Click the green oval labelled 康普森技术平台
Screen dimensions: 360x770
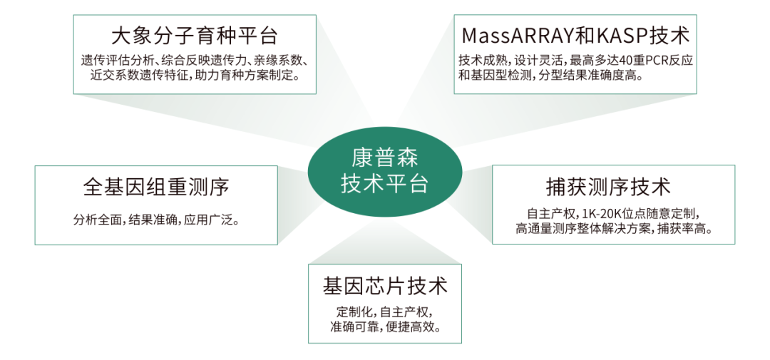pyautogui.click(x=384, y=171)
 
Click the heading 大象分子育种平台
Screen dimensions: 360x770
pyautogui.click(x=194, y=35)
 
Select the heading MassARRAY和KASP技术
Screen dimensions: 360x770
pyautogui.click(x=575, y=35)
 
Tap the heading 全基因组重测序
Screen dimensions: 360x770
pyautogui.click(x=155, y=187)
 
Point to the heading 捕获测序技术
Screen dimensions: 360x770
pyautogui.click(x=613, y=187)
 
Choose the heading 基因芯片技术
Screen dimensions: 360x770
pyautogui.click(x=385, y=287)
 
